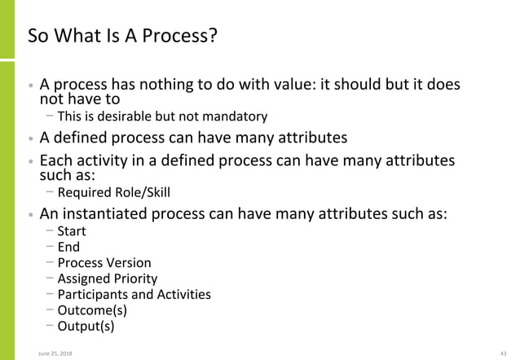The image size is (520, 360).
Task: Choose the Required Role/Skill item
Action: [114, 193]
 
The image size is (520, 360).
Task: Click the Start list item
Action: [71, 231]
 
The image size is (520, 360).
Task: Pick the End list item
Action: [68, 247]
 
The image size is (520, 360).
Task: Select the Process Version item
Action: [104, 263]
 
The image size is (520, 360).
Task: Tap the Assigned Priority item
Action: [107, 279]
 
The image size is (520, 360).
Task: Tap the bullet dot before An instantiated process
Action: [31, 216]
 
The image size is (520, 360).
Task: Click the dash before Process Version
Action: [51, 262]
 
